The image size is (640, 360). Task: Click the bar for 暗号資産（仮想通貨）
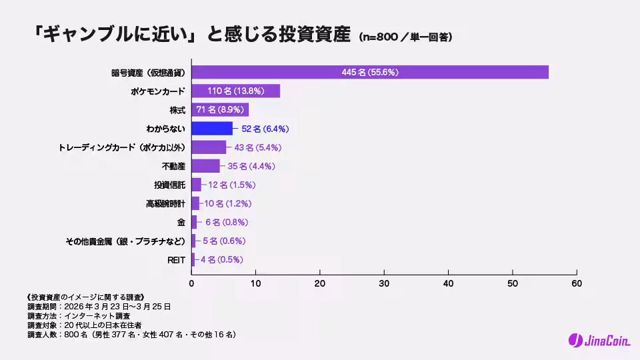(x=370, y=72)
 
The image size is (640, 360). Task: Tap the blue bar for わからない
(x=212, y=128)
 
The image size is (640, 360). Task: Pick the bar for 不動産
(x=205, y=165)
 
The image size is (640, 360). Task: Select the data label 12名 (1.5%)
(x=232, y=185)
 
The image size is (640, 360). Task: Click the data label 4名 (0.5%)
(x=222, y=259)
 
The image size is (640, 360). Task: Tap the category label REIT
(x=176, y=259)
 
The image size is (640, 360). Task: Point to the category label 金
(x=181, y=222)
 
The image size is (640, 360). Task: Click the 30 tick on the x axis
(x=384, y=283)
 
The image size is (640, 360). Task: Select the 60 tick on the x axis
(x=576, y=283)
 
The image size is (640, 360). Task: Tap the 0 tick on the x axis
(x=192, y=283)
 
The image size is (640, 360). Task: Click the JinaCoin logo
(x=597, y=340)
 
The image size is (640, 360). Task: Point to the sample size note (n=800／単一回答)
(x=405, y=37)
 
